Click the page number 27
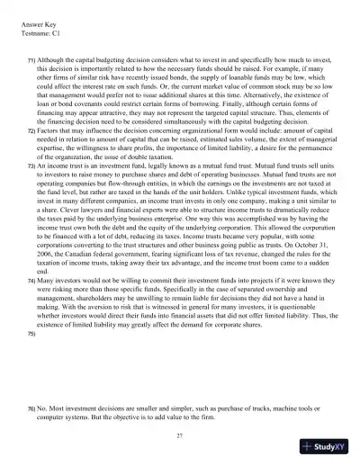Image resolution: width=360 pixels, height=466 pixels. pyautogui.click(x=181, y=436)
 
